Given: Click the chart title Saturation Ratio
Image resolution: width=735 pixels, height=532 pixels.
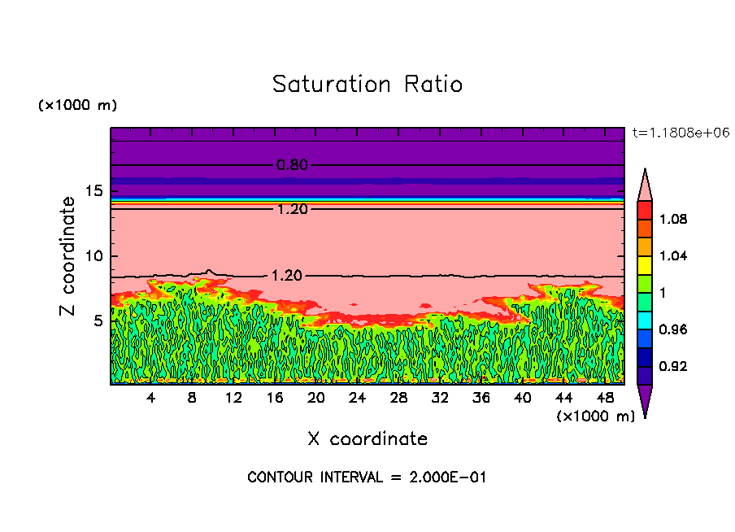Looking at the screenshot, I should (x=367, y=85).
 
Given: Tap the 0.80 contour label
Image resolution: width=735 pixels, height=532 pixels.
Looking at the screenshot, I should (x=292, y=165).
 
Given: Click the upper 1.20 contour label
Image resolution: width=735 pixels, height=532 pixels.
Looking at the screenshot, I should (x=292, y=209).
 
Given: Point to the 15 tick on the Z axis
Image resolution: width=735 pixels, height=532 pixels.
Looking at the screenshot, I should (x=96, y=191).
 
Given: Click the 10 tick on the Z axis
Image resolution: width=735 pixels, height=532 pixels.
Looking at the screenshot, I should (x=96, y=256).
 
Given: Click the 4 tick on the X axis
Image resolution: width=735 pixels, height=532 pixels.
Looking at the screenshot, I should (x=151, y=398).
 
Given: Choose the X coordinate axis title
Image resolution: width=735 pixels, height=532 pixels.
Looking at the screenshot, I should (x=367, y=439).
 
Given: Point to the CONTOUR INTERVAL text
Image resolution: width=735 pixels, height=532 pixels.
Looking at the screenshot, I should (x=367, y=477).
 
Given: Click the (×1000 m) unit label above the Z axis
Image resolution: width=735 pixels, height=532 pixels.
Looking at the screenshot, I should (x=77, y=106).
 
